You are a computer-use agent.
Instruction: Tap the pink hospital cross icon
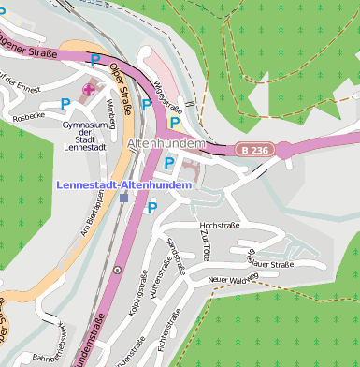coord(90,90)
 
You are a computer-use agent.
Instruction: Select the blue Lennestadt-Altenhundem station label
coord(124,185)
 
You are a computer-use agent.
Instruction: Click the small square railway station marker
coord(123,198)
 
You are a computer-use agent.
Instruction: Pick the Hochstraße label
coord(221,226)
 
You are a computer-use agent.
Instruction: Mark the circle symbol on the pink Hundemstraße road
coord(117,270)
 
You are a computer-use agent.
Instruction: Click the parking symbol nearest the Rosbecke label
coord(65,103)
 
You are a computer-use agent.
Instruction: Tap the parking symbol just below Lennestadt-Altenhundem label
coord(151,207)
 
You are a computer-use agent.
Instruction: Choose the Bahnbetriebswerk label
coord(54,344)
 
